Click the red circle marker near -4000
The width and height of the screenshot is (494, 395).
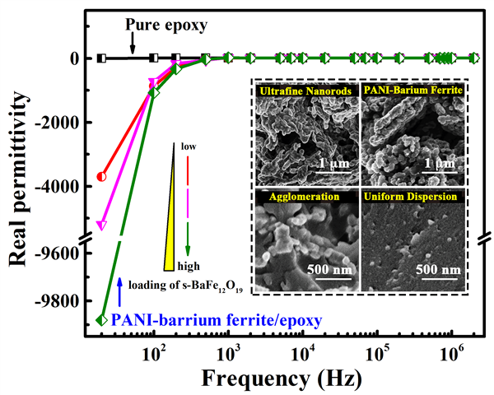(101, 176)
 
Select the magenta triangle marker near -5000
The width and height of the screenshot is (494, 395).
(101, 225)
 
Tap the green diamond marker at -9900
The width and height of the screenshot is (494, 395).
(101, 320)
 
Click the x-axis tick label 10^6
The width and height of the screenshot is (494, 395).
(451, 355)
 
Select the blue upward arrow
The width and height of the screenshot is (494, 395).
(120, 292)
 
